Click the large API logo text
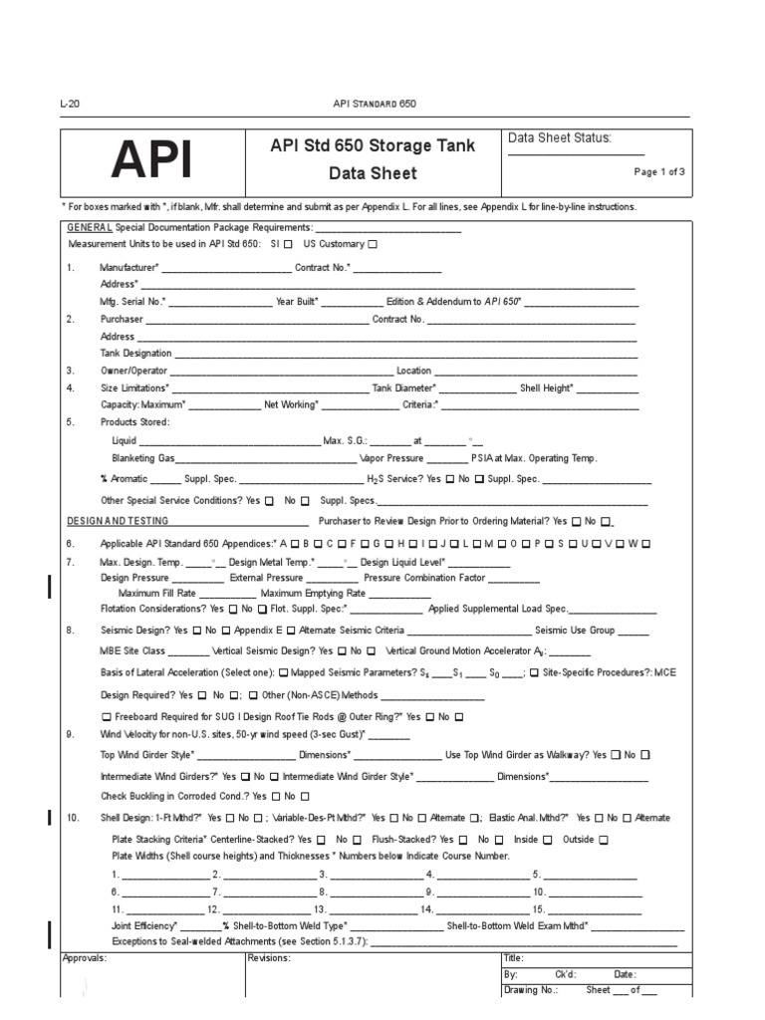click(x=152, y=158)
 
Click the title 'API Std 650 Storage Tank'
click(x=373, y=145)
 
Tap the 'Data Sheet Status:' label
click(x=560, y=138)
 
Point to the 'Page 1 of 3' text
click(x=659, y=171)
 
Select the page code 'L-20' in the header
click(x=70, y=104)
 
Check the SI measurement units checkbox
click(x=288, y=244)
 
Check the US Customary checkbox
click(x=373, y=244)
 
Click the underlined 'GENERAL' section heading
click(x=89, y=228)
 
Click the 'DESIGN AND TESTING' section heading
click(x=118, y=521)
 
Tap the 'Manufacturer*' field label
click(x=129, y=268)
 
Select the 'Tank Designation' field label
click(x=135, y=353)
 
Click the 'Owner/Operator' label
click(x=132, y=371)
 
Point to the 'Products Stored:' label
click(x=134, y=421)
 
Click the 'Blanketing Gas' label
click(x=143, y=457)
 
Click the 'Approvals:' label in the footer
click(x=85, y=957)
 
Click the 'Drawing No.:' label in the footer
click(x=531, y=991)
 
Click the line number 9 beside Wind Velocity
click(x=70, y=734)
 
